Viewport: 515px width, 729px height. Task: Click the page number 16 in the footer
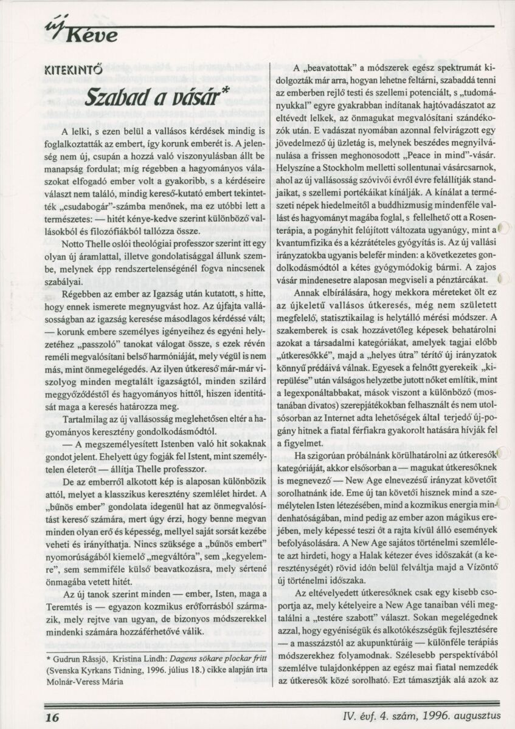pos(52,717)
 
